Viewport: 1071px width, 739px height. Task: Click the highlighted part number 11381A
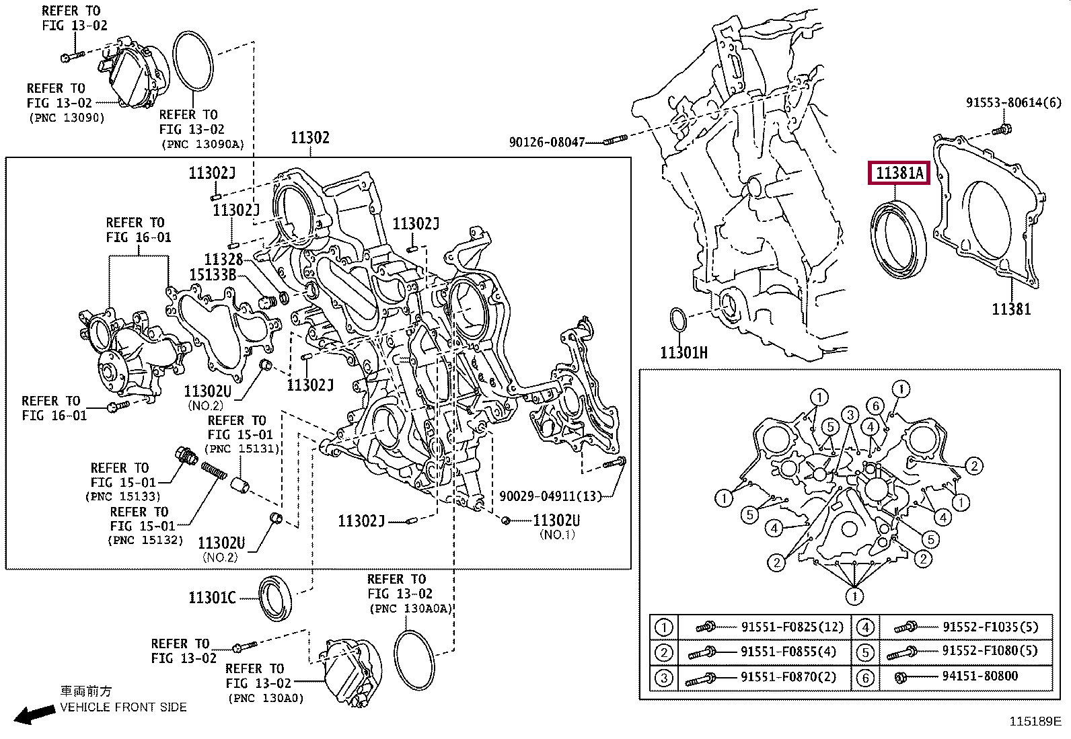[899, 173]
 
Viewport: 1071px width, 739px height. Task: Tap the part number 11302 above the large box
[310, 138]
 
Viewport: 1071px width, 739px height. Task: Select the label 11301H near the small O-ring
[684, 353]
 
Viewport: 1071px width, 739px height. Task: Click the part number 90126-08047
[547, 142]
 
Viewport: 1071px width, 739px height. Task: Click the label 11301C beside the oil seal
[213, 598]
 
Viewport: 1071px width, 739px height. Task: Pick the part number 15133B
[213, 274]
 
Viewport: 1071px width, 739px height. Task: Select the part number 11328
[224, 259]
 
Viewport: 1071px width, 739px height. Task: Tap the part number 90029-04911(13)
[550, 496]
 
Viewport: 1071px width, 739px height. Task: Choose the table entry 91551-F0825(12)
[792, 626]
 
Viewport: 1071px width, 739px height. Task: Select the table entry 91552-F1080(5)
[990, 650]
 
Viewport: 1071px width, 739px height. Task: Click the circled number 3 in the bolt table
[663, 678]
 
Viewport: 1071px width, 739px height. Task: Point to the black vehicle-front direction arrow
[34, 714]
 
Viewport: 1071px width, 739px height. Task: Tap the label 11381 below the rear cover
[1011, 309]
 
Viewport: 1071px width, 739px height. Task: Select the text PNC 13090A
[202, 145]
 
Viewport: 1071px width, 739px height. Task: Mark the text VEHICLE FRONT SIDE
[123, 707]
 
